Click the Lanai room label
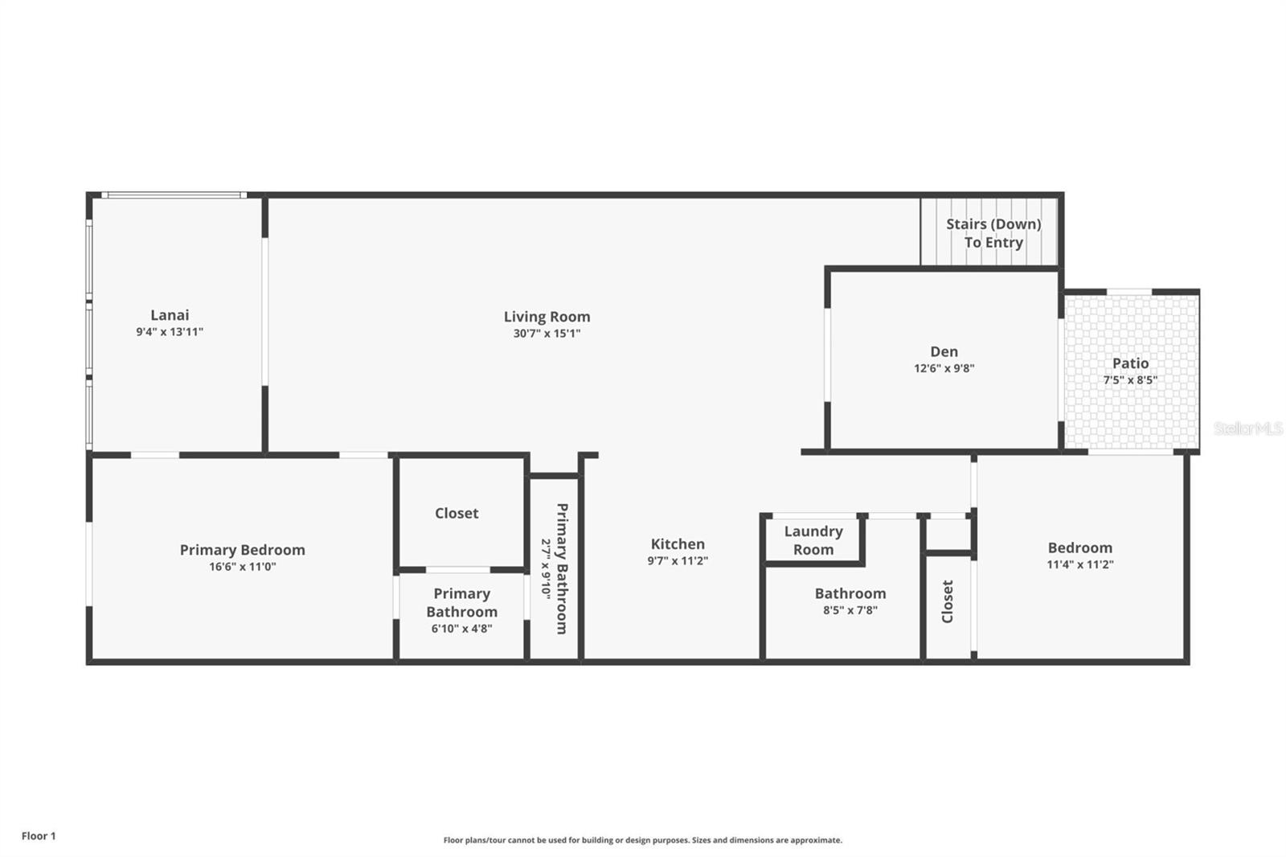click(170, 315)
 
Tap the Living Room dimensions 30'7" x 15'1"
click(547, 333)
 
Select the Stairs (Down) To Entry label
click(993, 233)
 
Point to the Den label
click(944, 351)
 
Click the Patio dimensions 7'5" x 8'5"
click(1130, 379)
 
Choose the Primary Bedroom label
click(242, 550)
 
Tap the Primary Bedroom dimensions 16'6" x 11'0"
click(242, 566)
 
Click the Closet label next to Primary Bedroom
click(457, 513)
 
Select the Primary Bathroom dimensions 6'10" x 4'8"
click(461, 629)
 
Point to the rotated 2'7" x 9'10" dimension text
click(546, 568)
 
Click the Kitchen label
click(678, 544)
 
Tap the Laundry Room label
click(813, 540)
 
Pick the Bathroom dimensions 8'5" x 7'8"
click(850, 610)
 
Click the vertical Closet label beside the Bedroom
click(948, 601)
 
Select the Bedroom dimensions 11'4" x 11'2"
click(1080, 564)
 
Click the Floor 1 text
click(39, 836)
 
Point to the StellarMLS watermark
click(1248, 428)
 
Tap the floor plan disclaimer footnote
click(642, 840)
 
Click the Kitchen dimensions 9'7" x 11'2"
click(678, 560)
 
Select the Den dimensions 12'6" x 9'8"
click(944, 368)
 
